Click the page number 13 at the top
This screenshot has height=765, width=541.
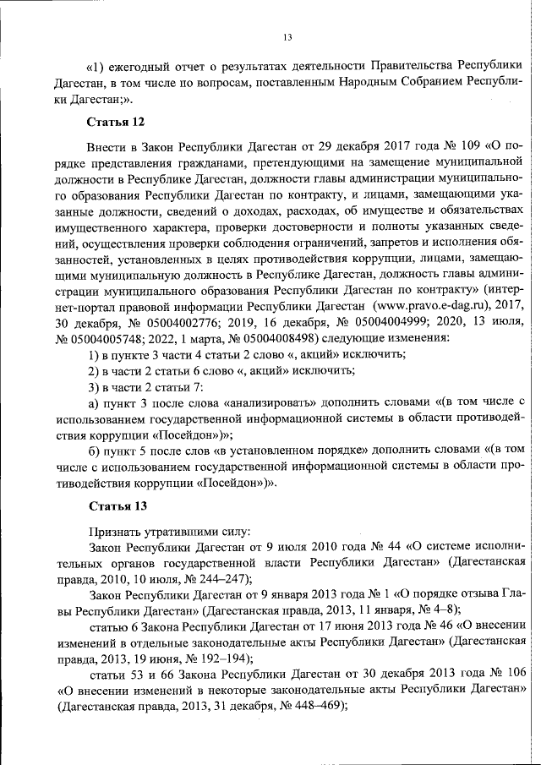pyautogui.click(x=287, y=36)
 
